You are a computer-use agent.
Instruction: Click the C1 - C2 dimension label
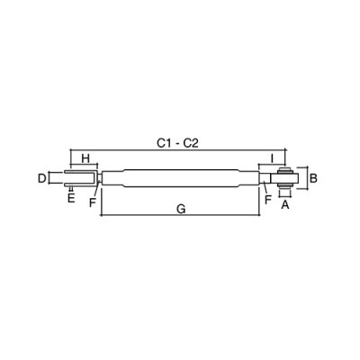point(178,143)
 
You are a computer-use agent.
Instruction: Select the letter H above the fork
point(85,158)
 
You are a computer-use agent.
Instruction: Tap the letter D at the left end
point(42,178)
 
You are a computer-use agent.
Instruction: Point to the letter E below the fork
point(71,198)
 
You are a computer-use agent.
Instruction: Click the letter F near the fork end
point(93,203)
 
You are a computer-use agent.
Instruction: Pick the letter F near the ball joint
point(268,199)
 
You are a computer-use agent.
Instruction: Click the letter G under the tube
point(181,209)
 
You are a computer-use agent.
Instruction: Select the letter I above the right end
point(272,158)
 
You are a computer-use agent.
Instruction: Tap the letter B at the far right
point(313,178)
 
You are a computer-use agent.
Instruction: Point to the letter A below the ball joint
point(285,205)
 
